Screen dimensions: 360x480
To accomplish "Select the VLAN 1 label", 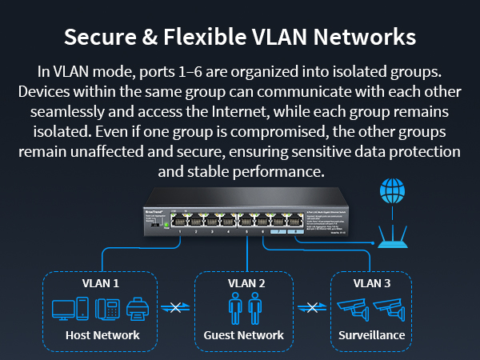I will [101, 282].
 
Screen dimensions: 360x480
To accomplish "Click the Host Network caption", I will [102, 335].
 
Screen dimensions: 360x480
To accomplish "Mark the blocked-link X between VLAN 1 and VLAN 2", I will [174, 308].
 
